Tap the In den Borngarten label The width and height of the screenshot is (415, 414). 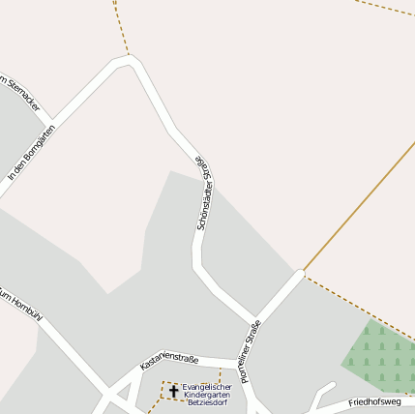pos(30,152)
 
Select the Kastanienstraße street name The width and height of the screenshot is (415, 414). pos(169,361)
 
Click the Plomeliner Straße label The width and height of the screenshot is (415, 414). pos(251,351)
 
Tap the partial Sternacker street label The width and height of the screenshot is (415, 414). pos(19,92)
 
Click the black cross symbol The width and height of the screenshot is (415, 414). pos(174,391)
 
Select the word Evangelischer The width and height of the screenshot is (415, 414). pos(207,387)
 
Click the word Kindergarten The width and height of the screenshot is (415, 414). pos(207,395)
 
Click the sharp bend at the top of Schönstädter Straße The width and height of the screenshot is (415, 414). pos(129,61)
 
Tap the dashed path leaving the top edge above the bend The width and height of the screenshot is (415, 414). pos(120,24)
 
